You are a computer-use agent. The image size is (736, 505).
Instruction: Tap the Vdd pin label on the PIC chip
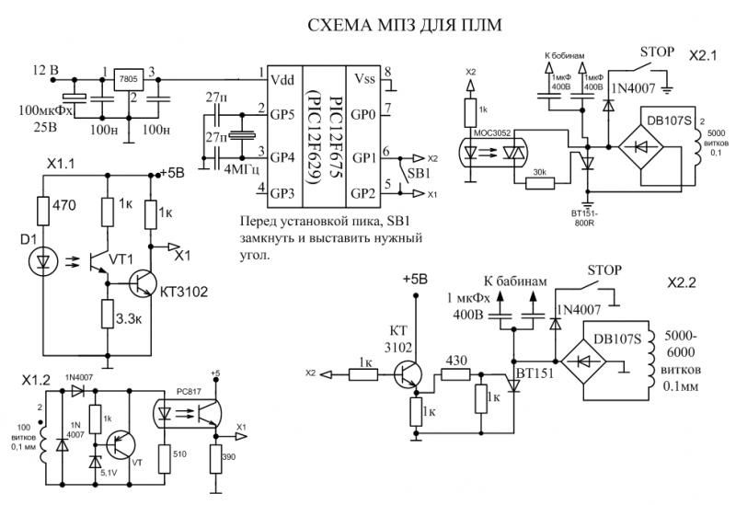click(x=282, y=81)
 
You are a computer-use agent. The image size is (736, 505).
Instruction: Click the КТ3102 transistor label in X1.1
click(x=185, y=293)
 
